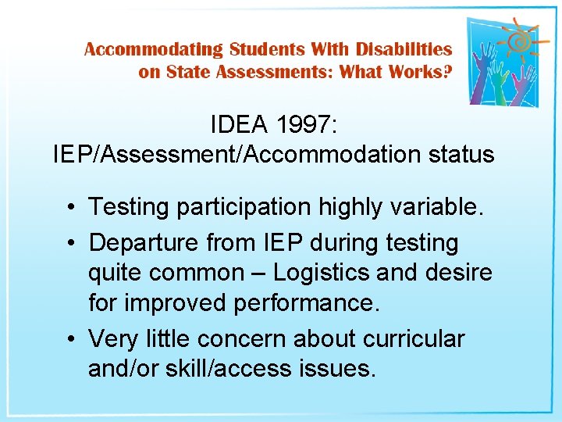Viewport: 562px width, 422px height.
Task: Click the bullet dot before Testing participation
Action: point(70,208)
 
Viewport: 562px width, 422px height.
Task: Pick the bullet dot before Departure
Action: point(70,243)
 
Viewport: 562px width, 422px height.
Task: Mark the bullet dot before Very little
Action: point(70,340)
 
